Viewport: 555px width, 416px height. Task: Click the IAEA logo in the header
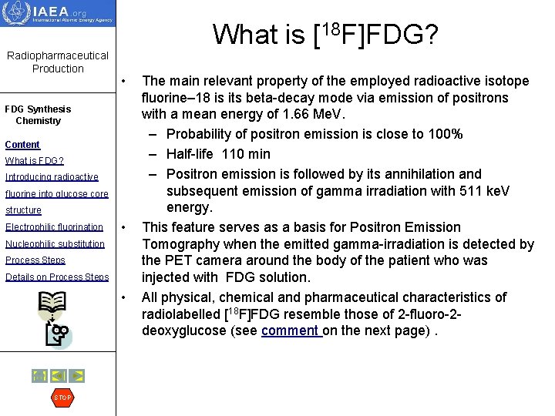click(58, 14)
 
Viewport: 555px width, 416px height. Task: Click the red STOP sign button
click(62, 398)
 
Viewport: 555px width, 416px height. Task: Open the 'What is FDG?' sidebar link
click(34, 161)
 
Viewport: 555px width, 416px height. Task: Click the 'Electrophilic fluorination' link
click(54, 227)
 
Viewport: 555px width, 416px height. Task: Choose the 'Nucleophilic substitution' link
click(55, 244)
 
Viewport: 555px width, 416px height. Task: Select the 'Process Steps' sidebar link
click(35, 260)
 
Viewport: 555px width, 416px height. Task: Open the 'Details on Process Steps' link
click(57, 277)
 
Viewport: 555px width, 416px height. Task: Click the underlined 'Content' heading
click(22, 145)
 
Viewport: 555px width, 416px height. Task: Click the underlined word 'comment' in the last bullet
click(290, 331)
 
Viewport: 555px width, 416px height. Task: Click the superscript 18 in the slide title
click(331, 28)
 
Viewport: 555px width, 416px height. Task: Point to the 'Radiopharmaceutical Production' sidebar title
click(58, 62)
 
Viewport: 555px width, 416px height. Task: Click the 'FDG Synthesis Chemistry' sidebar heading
click(38, 115)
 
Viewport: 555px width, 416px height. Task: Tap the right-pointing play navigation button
click(76, 376)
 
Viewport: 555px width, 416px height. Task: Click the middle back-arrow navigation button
click(58, 376)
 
